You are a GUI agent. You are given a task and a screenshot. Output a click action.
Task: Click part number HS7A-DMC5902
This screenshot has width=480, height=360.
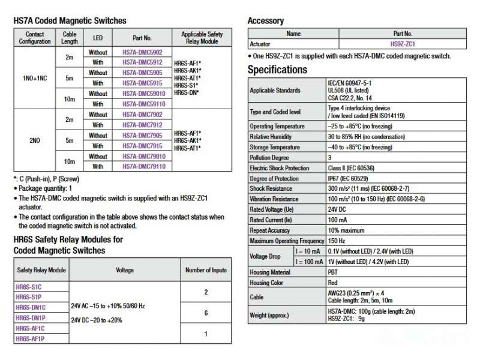click(142, 52)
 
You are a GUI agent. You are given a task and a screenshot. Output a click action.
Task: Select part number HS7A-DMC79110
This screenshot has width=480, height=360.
click(142, 166)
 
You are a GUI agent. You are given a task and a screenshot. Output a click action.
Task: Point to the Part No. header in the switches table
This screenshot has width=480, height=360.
click(142, 37)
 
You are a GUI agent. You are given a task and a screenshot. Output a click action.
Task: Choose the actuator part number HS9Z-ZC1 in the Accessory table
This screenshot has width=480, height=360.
click(403, 44)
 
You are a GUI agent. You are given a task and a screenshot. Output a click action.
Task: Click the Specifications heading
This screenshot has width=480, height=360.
click(277, 70)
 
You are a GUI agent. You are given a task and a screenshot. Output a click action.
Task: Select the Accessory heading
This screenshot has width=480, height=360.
click(266, 21)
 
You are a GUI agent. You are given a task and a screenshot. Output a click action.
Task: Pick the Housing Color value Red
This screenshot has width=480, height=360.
click(332, 282)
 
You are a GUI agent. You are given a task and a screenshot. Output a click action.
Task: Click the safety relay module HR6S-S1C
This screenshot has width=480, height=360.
click(28, 286)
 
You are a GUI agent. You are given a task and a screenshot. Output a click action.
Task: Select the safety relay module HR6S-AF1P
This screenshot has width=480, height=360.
click(29, 339)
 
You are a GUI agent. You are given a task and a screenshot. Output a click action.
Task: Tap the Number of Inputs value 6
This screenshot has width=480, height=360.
click(206, 313)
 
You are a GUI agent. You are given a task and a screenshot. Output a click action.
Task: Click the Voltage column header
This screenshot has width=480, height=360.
click(125, 271)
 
